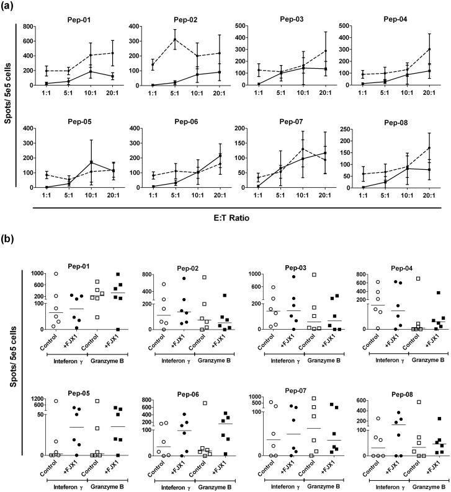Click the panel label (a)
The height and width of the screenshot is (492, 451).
(9, 7)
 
